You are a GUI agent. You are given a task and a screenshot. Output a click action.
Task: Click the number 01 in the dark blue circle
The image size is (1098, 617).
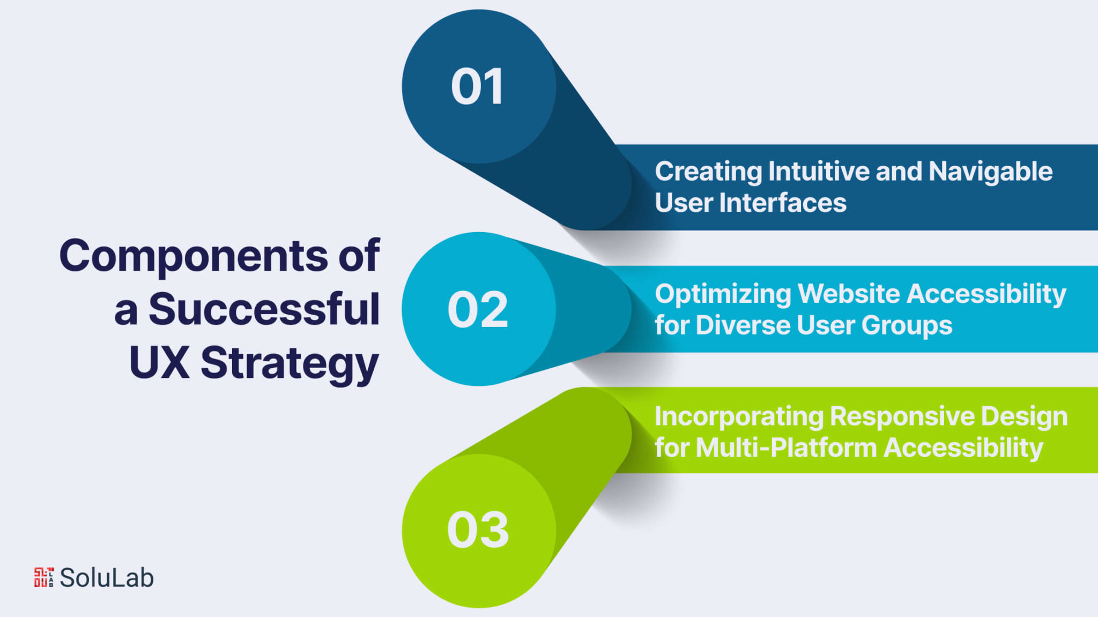pyautogui.click(x=477, y=87)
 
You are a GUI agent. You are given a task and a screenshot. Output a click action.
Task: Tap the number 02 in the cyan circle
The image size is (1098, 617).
pyautogui.click(x=477, y=309)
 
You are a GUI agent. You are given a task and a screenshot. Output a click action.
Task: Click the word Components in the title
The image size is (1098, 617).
pyautogui.click(x=193, y=256)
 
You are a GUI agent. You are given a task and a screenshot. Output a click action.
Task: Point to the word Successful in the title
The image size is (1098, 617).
pyautogui.click(x=264, y=309)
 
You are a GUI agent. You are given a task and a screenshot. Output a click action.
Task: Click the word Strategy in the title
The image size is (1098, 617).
pyautogui.click(x=290, y=363)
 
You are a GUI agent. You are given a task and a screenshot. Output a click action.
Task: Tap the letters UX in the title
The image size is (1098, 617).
pyautogui.click(x=159, y=362)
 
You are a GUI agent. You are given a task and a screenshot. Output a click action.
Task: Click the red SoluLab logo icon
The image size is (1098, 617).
pyautogui.click(x=44, y=577)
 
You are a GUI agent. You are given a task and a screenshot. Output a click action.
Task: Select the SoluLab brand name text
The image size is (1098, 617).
pyautogui.click(x=107, y=578)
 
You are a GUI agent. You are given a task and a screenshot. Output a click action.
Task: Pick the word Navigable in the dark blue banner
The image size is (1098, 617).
pyautogui.click(x=990, y=172)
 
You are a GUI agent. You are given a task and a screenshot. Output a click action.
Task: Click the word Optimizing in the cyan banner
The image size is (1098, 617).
pyautogui.click(x=723, y=294)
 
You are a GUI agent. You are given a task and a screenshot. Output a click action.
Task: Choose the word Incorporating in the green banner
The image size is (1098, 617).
pyautogui.click(x=739, y=417)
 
